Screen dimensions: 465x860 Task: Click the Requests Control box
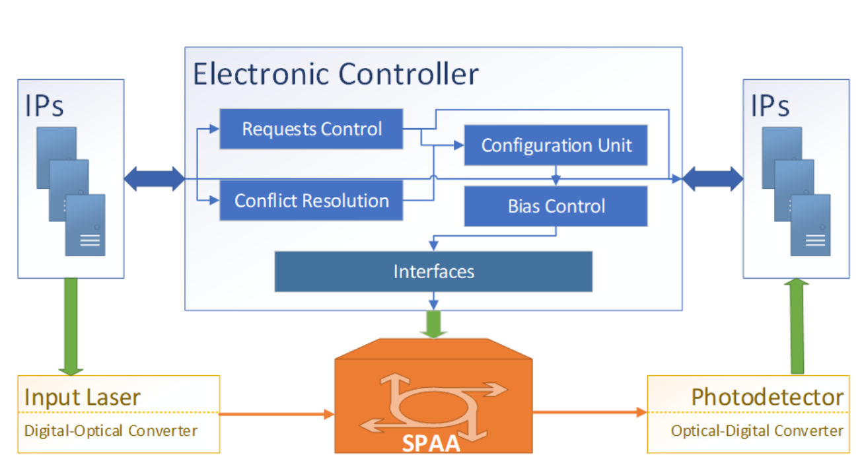pos(311,129)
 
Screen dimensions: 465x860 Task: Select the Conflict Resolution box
pos(311,200)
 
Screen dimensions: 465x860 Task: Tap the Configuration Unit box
pos(555,145)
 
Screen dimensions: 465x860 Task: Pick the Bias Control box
pos(555,206)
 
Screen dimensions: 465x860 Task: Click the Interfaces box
pos(433,271)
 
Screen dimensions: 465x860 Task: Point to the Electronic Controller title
pos(336,74)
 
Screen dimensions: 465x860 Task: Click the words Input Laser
pos(82,398)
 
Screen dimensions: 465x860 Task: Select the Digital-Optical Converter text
pos(110,431)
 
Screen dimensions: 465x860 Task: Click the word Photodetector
pos(767,398)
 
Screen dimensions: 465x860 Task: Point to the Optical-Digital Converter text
pos(757,431)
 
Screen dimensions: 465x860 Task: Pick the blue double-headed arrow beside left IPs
pos(154,179)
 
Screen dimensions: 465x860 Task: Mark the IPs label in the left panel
pos(44,105)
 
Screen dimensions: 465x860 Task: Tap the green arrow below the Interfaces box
pos(434,325)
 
